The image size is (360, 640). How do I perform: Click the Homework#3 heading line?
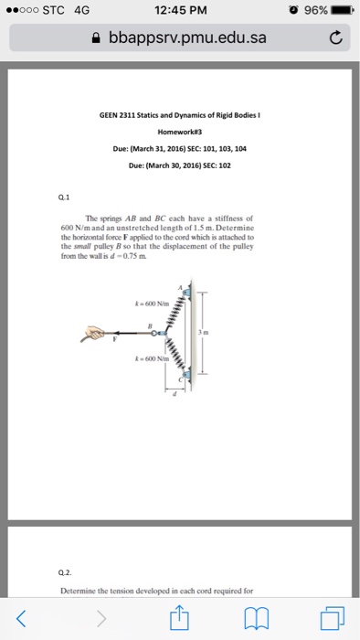[179, 129]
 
